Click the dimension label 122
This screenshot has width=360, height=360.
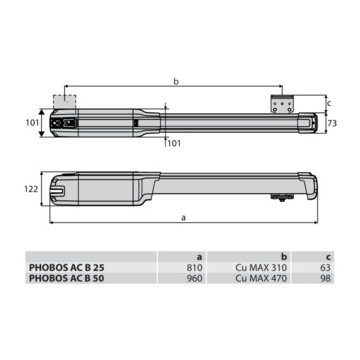[x=31, y=189]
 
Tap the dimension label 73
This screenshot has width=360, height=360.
[x=332, y=124]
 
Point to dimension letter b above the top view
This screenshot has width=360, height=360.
[x=176, y=81]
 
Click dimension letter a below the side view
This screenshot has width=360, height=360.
[x=183, y=217]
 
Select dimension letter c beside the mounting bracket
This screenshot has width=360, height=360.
[x=329, y=103]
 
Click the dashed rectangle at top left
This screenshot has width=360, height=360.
[x=65, y=101]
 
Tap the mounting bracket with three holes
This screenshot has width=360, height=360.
[x=283, y=104]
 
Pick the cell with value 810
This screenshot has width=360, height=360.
[x=195, y=267]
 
